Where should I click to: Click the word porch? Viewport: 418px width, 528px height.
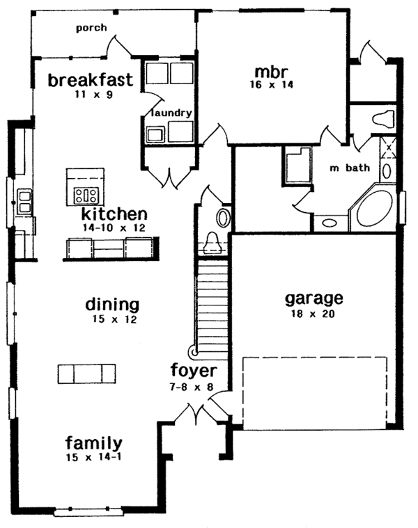(x=91, y=28)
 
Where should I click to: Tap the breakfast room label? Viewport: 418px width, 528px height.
(x=91, y=80)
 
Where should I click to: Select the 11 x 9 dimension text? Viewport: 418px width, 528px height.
(x=94, y=95)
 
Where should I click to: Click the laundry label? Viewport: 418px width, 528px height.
(x=171, y=113)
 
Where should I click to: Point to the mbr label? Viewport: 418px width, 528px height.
(x=272, y=72)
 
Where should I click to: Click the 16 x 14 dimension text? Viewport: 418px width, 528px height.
(x=272, y=84)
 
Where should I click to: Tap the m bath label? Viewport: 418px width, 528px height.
(x=350, y=168)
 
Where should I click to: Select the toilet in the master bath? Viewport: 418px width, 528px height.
(x=383, y=119)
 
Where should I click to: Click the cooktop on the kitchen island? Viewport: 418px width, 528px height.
(x=86, y=195)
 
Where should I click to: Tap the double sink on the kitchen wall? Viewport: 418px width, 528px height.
(x=25, y=202)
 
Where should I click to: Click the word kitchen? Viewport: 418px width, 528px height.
(x=115, y=214)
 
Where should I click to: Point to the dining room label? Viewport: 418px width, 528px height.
(x=112, y=305)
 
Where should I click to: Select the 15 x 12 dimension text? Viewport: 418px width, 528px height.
(x=115, y=319)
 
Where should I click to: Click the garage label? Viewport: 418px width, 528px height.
(x=314, y=298)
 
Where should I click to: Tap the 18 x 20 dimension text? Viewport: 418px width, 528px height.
(x=313, y=314)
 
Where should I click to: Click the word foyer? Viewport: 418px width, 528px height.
(x=194, y=371)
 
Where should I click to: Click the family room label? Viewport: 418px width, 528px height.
(x=94, y=443)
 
